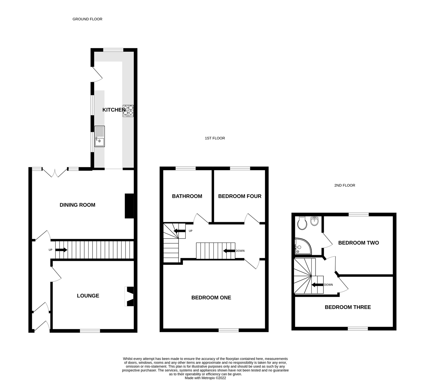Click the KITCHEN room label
pyautogui.click(x=114, y=110)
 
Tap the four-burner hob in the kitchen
pyautogui.click(x=128, y=110)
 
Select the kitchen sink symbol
pyautogui.click(x=99, y=137)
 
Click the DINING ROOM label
pyautogui.click(x=77, y=205)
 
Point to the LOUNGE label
pyautogui.click(x=88, y=296)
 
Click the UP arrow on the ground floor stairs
pyautogui.click(x=61, y=250)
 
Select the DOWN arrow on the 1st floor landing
pyautogui.click(x=229, y=250)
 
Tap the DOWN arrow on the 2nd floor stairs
pyautogui.click(x=317, y=285)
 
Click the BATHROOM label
pyautogui.click(x=187, y=196)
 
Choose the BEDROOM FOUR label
pyautogui.click(x=240, y=196)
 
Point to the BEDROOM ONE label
pyautogui.click(x=211, y=297)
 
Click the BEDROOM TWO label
pyautogui.click(x=359, y=243)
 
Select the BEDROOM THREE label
pyautogui.click(x=348, y=307)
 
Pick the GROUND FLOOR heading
pyautogui.click(x=87, y=19)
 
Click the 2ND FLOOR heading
pyautogui.click(x=345, y=185)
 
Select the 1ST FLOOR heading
pyautogui.click(x=215, y=138)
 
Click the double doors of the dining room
pyautogui.click(x=55, y=173)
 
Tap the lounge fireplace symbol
pyautogui.click(x=129, y=296)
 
